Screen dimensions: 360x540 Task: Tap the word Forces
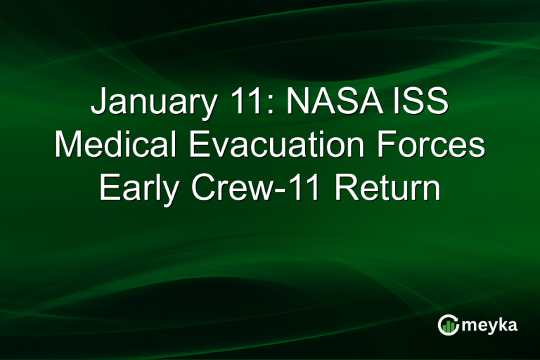437,146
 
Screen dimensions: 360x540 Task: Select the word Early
136,188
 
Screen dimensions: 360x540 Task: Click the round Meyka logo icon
447,324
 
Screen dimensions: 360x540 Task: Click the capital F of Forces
399,146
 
